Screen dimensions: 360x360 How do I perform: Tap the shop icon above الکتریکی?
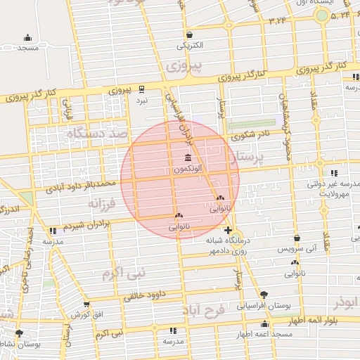[x=190, y=34]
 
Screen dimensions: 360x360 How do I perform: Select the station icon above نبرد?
[x=143, y=89]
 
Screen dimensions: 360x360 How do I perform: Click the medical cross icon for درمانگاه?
[x=228, y=230]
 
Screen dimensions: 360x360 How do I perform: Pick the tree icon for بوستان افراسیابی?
[x=264, y=294]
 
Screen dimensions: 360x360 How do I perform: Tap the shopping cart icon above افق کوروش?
[x=86, y=305]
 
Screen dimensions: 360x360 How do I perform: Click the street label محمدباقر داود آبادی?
[x=82, y=186]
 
